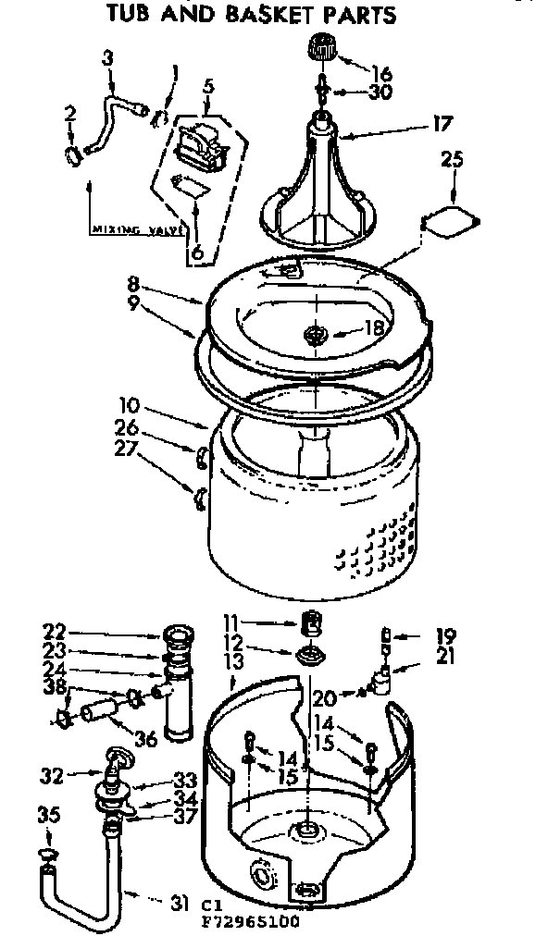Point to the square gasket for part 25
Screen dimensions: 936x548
450,218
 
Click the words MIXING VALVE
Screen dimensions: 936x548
133,228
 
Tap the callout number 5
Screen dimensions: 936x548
208,87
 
